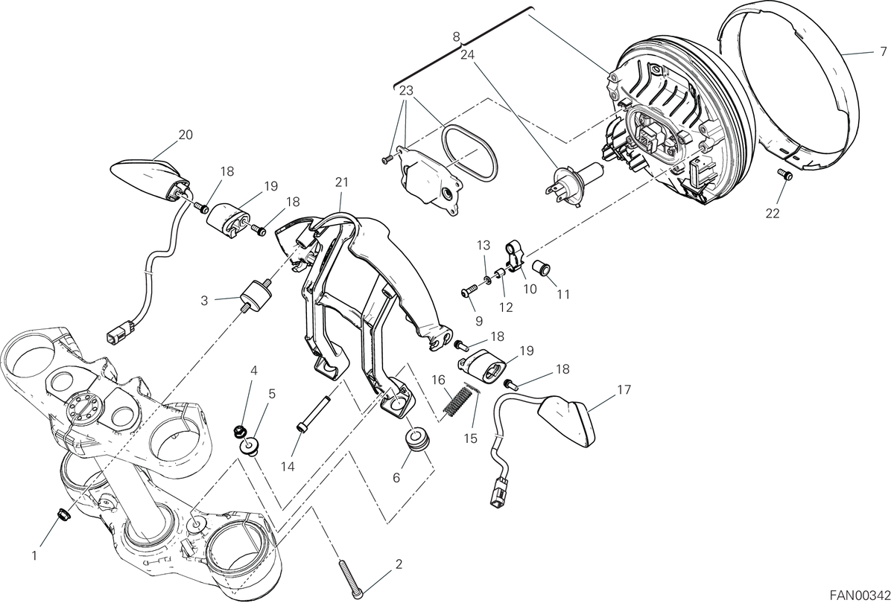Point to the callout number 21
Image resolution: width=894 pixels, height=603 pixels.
pos(342,182)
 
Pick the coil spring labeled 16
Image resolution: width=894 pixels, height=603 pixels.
pos(459,401)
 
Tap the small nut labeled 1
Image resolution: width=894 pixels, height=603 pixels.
pos(64,515)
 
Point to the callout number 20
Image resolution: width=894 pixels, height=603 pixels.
pos(186,135)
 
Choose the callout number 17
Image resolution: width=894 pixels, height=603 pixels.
pos(624,389)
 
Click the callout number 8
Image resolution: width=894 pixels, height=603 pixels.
pos(457,37)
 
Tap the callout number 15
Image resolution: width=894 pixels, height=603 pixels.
pos(471,438)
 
